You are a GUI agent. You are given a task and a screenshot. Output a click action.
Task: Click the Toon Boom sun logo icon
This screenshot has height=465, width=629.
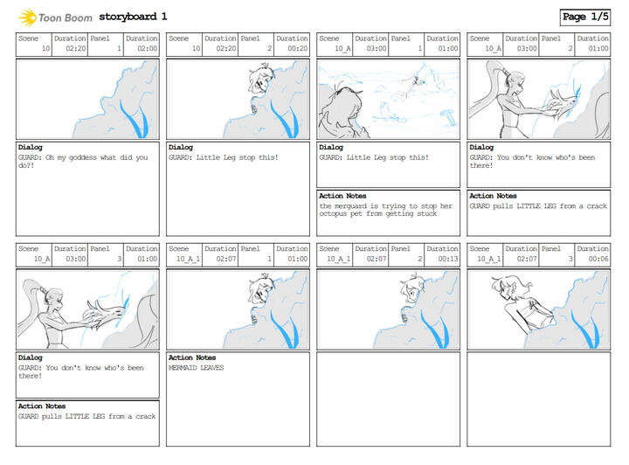[27, 17]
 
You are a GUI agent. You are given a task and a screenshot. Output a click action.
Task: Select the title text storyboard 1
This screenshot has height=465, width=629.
[133, 17]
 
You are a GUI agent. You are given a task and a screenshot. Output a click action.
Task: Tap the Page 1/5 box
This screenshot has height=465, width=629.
[585, 17]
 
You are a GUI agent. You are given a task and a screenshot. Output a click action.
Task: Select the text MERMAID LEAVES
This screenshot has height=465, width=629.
[197, 368]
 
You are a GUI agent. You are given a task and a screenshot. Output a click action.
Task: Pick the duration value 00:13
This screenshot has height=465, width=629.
[448, 260]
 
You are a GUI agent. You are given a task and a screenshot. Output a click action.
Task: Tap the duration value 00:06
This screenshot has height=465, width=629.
[598, 260]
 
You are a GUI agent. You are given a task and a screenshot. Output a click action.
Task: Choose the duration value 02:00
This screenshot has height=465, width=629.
[148, 49]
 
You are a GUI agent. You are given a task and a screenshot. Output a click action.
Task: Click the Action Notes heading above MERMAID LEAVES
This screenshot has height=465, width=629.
[192, 357]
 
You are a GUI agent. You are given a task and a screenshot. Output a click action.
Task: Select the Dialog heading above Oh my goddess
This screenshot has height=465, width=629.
[30, 147]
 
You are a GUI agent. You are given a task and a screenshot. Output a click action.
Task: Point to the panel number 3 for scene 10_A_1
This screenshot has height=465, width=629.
[570, 260]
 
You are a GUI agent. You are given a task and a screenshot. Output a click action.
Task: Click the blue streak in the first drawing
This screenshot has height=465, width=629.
[135, 118]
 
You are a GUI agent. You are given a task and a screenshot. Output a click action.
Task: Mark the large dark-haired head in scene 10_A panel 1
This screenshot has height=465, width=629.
[341, 108]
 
